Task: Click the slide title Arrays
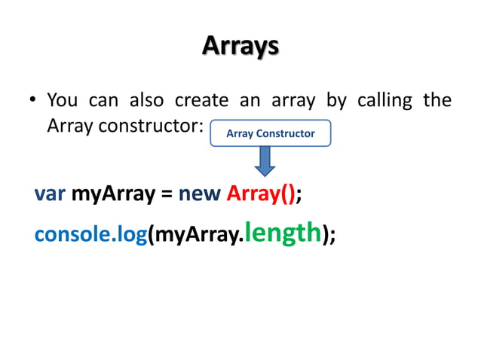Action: [x=240, y=47]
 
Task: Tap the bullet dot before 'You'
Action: [x=33, y=101]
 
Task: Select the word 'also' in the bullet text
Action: [x=147, y=100]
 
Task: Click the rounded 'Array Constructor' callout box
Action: [x=271, y=133]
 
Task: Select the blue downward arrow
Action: [x=263, y=160]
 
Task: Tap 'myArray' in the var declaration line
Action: [x=113, y=194]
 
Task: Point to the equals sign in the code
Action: [x=167, y=195]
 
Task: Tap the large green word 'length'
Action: [x=283, y=233]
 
